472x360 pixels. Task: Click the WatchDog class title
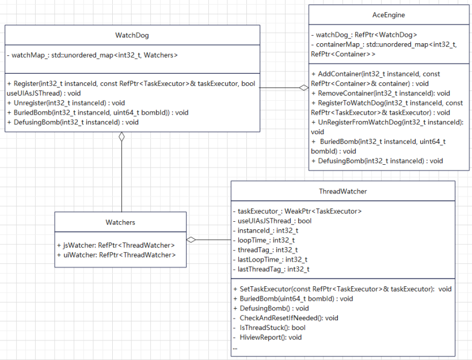click(132, 35)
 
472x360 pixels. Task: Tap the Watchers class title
click(120, 222)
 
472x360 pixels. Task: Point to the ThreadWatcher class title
click(342, 191)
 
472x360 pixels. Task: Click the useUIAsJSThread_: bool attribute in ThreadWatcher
click(272, 221)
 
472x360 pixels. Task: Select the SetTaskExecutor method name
click(263, 289)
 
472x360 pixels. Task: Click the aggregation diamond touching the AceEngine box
click(303, 88)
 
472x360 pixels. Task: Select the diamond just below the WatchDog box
click(121, 137)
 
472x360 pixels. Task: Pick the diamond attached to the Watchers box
click(192, 239)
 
